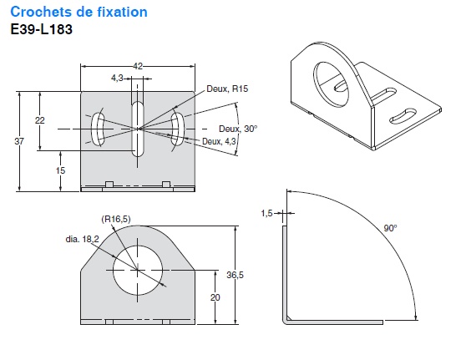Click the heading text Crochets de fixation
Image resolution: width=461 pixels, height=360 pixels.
[79, 13]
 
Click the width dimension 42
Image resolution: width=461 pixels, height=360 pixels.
[139, 64]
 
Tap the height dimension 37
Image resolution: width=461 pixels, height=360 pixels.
[19, 142]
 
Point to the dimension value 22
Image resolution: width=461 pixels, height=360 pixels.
[39, 121]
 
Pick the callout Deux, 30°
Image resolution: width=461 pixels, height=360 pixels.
[238, 129]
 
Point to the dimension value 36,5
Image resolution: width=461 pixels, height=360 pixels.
[247, 275]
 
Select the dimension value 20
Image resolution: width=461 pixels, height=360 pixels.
[215, 297]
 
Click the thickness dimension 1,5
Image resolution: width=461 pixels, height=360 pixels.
[266, 214]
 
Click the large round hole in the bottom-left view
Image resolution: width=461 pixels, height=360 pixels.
[136, 271]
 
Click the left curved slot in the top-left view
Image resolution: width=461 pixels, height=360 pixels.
[99, 129]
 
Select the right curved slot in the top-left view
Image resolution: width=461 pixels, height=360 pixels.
[177, 129]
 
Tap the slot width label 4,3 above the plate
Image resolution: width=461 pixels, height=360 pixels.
[119, 79]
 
